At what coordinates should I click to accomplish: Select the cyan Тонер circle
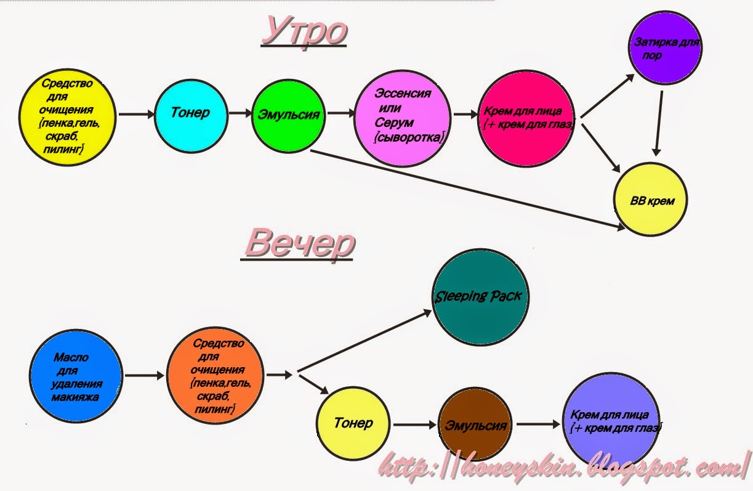point(191,116)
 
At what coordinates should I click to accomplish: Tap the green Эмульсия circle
point(288,116)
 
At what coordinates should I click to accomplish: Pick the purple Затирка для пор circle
point(665,47)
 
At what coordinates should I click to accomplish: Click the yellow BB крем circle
point(651,200)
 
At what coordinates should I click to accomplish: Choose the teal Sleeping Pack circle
point(481,297)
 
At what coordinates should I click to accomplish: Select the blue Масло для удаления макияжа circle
point(76,376)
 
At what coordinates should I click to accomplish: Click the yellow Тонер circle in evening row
point(353,423)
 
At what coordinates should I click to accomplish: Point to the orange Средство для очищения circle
point(215,376)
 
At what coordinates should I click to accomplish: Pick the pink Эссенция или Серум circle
point(403,118)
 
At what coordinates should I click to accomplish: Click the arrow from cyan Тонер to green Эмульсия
point(240,113)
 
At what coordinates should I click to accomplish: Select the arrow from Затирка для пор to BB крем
point(659,123)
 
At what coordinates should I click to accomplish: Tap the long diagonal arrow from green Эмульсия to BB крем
point(467,190)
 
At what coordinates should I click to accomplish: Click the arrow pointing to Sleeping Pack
point(364,341)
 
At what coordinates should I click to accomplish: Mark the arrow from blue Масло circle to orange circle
point(144,375)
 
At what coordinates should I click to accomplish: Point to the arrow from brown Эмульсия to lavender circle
point(538,424)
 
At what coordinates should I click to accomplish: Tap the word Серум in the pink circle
point(393,123)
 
